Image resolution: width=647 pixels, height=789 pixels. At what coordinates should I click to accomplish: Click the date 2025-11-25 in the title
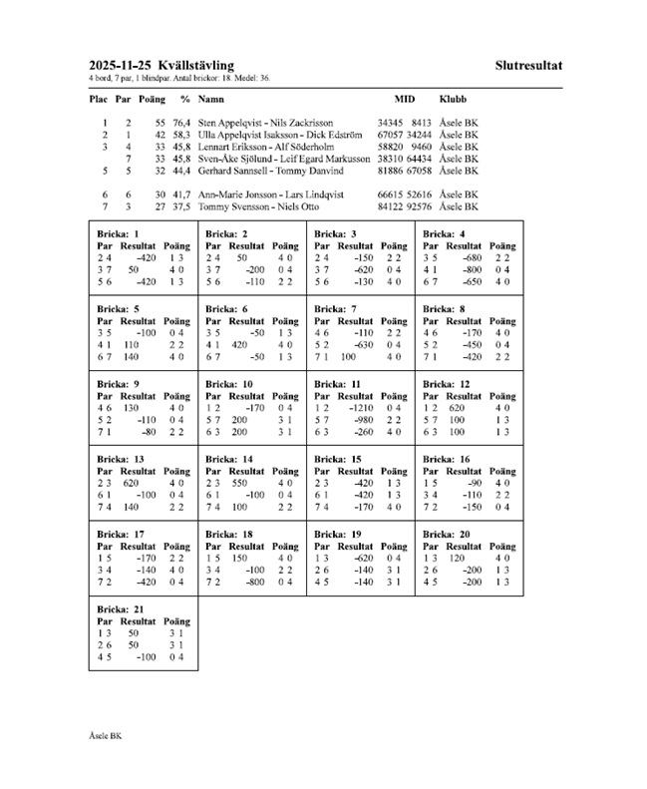[117, 66]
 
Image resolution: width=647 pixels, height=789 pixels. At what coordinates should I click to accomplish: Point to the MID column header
[404, 100]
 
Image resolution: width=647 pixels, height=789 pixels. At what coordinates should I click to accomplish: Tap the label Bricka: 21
[121, 608]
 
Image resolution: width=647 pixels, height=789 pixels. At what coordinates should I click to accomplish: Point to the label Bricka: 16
[447, 459]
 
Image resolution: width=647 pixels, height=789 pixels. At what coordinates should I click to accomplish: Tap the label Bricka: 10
[228, 384]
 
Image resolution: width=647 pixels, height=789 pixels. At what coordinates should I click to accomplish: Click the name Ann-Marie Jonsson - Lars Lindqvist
[270, 195]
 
